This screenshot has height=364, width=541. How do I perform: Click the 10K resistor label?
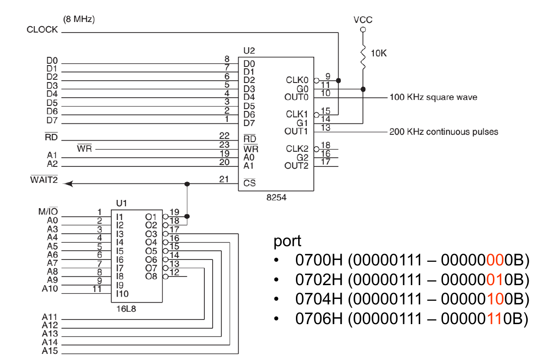pos(379,54)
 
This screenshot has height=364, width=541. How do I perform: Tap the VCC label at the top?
pos(363,20)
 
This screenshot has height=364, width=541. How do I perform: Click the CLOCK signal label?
pos(43,30)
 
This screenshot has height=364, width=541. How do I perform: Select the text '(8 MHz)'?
pos(78,19)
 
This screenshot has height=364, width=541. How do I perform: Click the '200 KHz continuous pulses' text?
pos(443,132)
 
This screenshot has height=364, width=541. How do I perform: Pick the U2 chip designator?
pos(249,50)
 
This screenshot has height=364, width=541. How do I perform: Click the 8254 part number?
pos(276,198)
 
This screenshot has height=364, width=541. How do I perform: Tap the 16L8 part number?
pos(126,309)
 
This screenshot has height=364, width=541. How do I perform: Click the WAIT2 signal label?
pos(44,180)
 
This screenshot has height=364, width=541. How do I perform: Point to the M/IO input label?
pos(48,212)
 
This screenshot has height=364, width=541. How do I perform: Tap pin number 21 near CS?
pos(224,179)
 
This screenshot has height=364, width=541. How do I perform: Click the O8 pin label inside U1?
pos(151,276)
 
